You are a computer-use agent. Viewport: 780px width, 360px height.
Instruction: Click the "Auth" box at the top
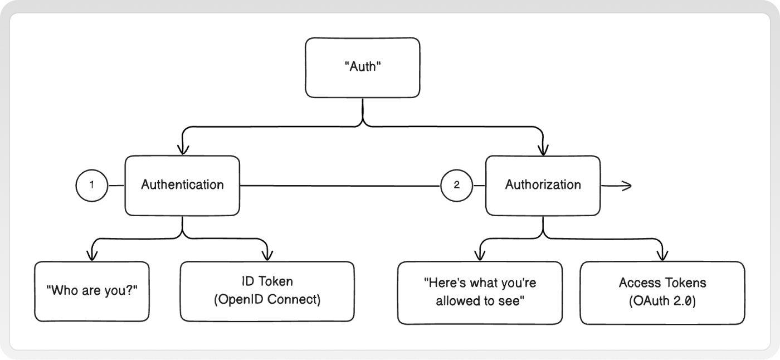[x=363, y=67]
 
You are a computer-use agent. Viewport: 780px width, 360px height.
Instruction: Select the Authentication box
[x=183, y=186]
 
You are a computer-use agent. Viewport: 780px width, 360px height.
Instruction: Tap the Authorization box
[x=543, y=186]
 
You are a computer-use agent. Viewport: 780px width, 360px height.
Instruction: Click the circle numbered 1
[x=92, y=185]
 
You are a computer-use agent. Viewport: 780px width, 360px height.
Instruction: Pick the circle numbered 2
[x=456, y=185]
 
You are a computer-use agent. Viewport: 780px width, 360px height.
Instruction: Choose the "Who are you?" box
[x=92, y=291]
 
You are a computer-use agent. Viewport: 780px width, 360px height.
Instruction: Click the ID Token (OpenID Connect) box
[x=267, y=291]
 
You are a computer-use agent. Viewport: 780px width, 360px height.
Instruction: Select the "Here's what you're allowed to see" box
[x=480, y=293]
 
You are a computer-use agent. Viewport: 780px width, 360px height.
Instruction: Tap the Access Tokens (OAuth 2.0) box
[x=662, y=293]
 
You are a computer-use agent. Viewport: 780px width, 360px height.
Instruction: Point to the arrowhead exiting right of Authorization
[x=627, y=186]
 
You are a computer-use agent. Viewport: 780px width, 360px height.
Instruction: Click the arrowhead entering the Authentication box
[x=183, y=150]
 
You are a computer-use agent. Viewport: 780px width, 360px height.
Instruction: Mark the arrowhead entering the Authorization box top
[x=543, y=150]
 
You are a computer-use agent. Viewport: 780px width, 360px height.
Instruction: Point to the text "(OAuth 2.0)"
[x=662, y=301]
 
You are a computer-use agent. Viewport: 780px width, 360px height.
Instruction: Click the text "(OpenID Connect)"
[x=267, y=299]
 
